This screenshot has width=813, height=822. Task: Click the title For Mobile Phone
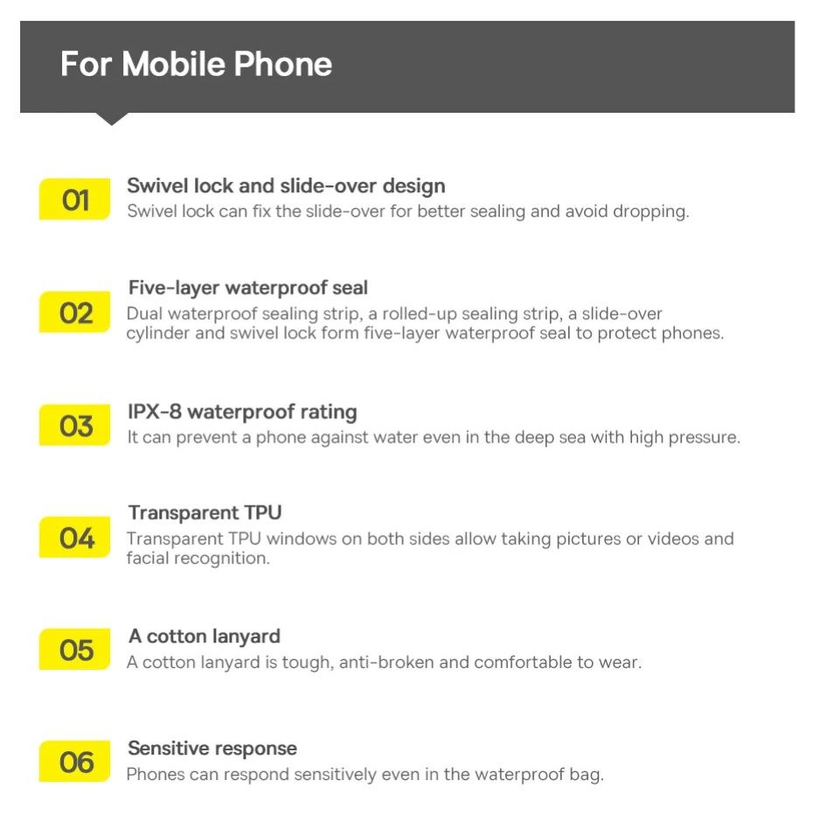point(196,64)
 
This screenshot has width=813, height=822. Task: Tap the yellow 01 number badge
point(75,199)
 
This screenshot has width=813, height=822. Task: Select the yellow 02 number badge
point(75,312)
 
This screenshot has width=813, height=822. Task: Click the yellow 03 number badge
point(75,425)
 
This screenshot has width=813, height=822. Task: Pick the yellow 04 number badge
point(75,537)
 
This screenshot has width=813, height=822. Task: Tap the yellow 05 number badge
point(75,650)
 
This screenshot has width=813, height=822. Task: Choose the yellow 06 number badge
point(75,761)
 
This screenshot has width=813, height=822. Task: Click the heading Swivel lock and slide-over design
point(286,186)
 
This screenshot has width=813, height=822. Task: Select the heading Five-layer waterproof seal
point(248,289)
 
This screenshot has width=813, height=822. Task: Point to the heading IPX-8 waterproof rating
point(242,412)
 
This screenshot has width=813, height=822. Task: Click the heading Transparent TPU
point(205,512)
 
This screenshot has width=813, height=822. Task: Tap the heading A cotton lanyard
point(205,637)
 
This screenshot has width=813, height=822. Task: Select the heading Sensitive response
point(212,748)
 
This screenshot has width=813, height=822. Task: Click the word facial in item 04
point(147,558)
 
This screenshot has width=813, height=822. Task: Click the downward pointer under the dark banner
point(112,119)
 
